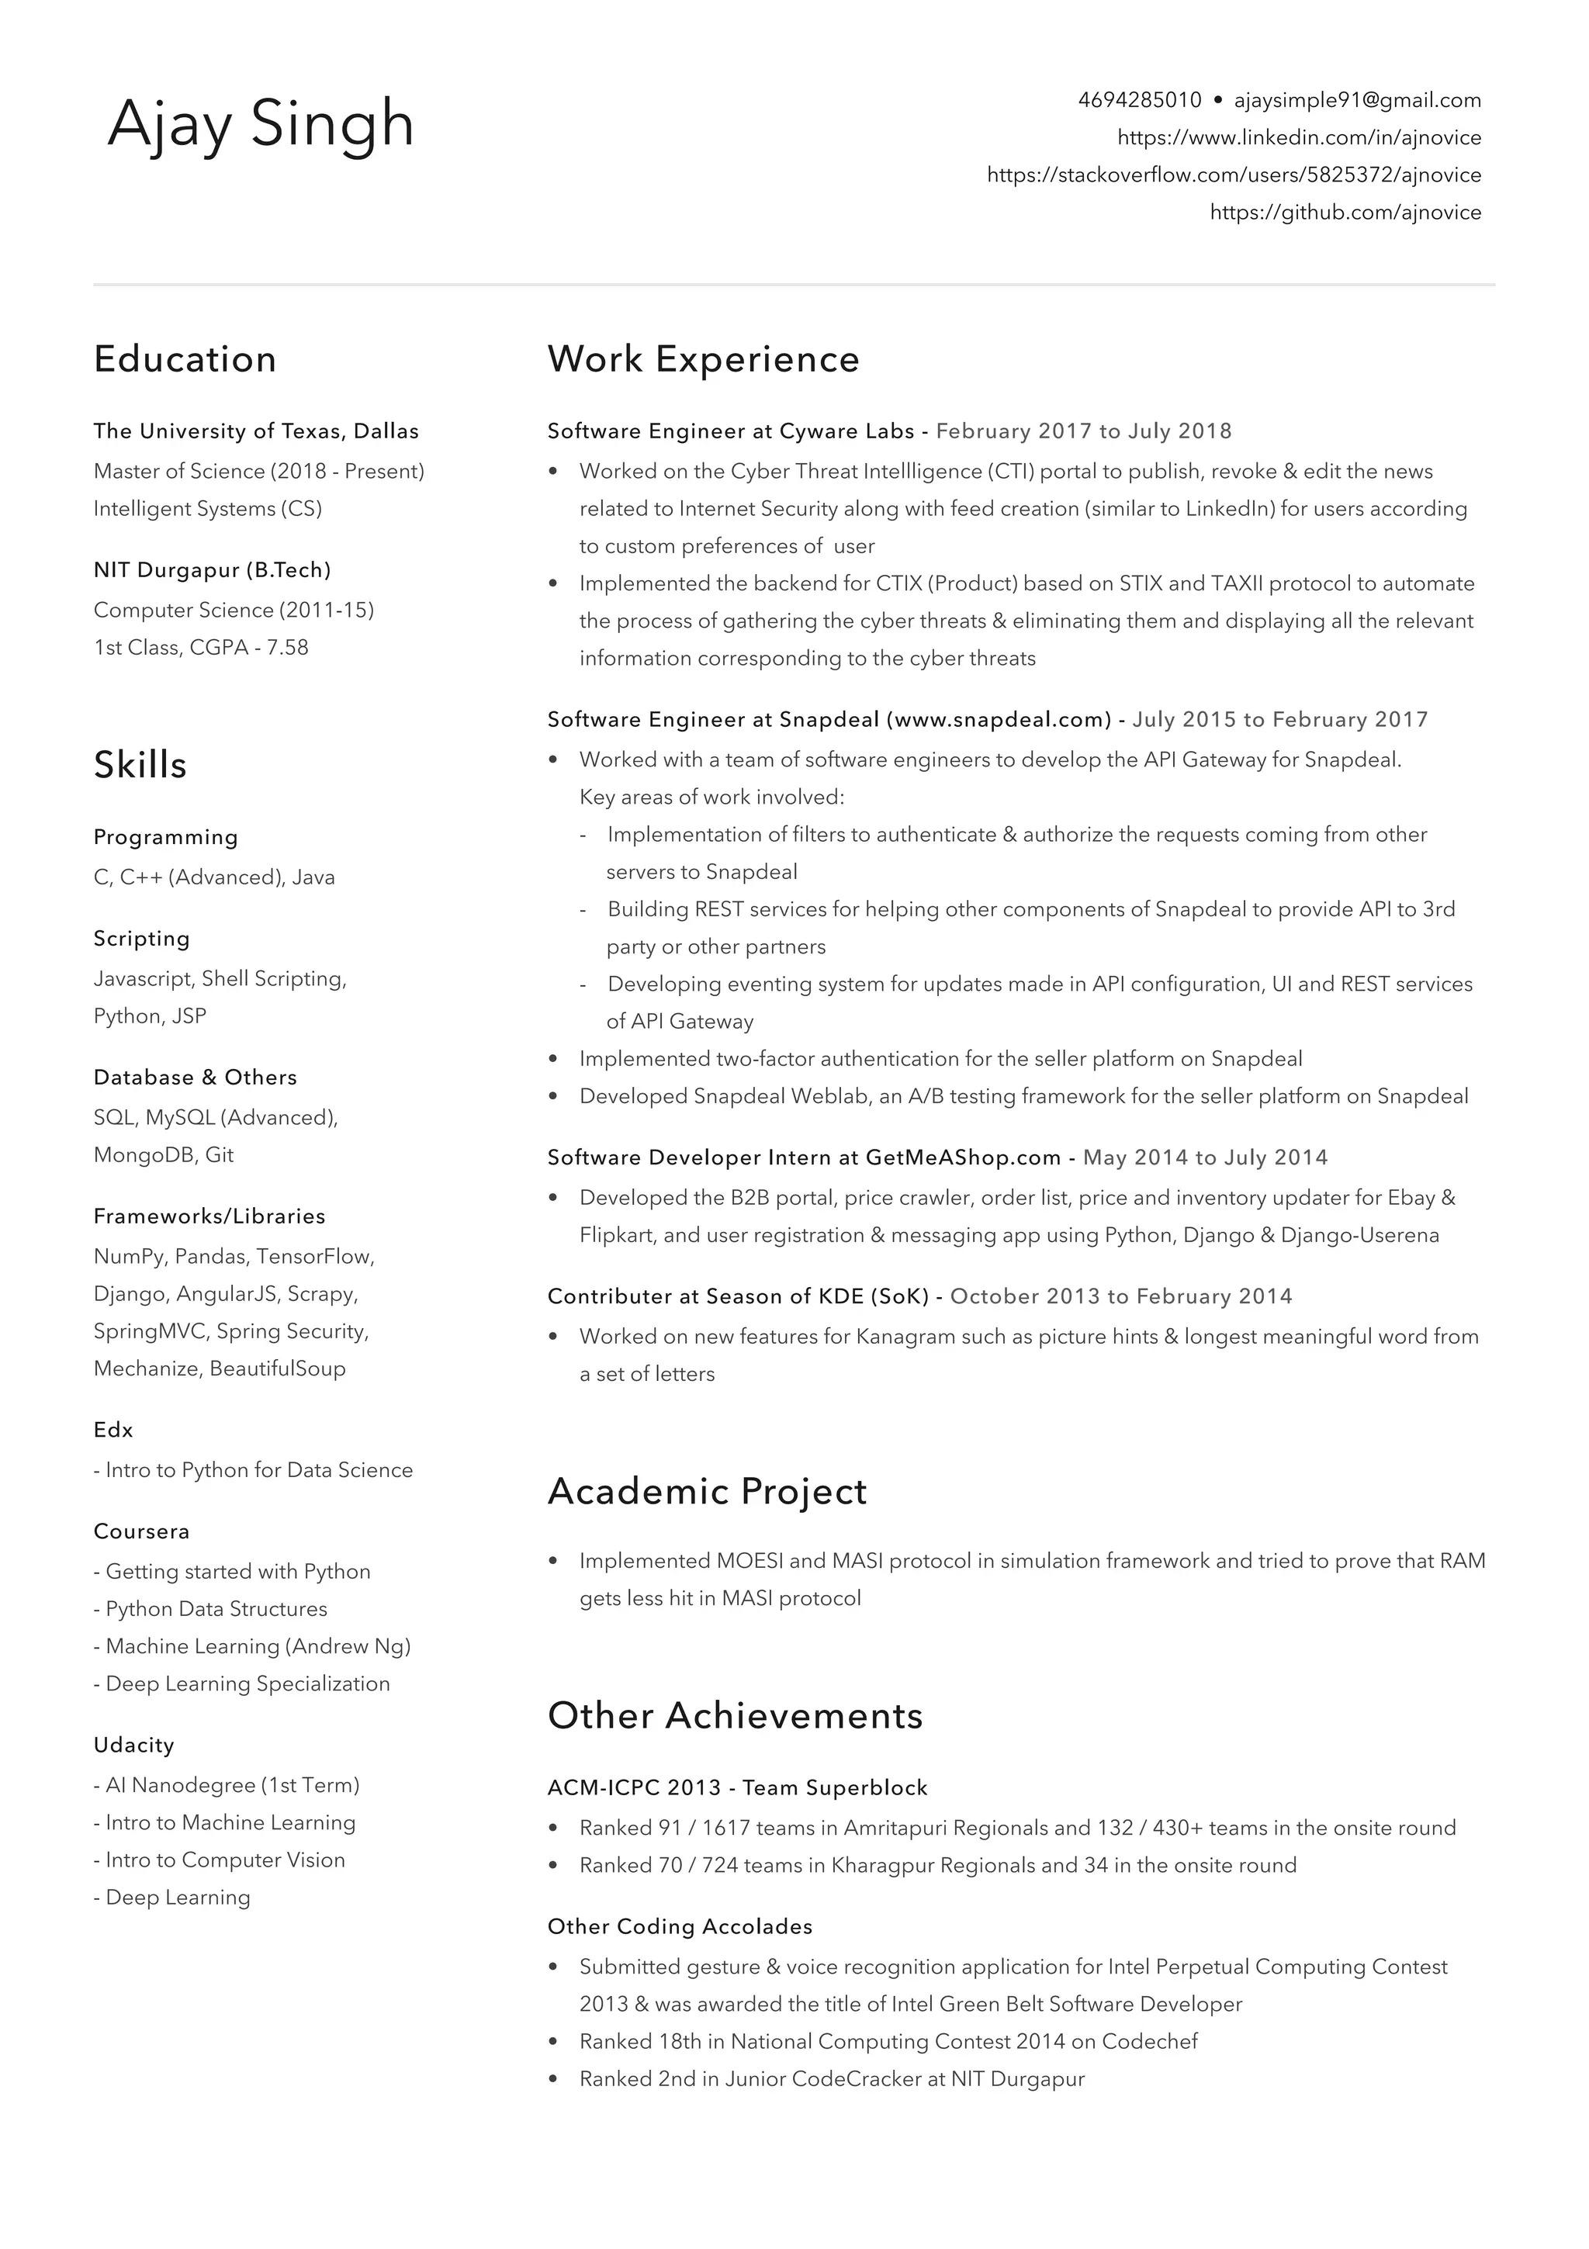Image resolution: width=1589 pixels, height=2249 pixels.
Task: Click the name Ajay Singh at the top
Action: point(261,124)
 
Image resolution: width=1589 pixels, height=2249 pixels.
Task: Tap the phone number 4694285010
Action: point(1139,100)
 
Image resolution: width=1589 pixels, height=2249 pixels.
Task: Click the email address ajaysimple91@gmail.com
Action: point(1357,100)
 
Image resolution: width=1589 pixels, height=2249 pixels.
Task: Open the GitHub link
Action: point(1345,213)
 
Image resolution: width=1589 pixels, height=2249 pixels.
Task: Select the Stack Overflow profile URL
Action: point(1234,175)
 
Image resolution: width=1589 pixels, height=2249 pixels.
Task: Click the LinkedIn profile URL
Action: point(1299,137)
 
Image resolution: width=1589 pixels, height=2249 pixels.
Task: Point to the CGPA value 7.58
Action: point(287,648)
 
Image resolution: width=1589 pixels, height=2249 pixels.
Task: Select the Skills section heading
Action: point(140,765)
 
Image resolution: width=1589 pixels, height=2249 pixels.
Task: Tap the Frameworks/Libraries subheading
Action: point(209,1216)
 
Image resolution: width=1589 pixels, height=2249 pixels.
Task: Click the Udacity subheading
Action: point(133,1745)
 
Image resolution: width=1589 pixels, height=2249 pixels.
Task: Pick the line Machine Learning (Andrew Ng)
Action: point(258,1646)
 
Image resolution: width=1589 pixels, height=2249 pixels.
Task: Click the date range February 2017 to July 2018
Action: point(1083,431)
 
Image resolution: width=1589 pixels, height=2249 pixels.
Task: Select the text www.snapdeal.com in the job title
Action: point(999,720)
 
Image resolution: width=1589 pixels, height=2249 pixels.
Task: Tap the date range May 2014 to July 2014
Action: point(1205,1157)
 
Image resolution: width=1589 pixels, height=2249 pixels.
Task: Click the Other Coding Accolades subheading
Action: point(680,1927)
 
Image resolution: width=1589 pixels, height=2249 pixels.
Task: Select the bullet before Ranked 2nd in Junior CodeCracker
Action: point(553,2080)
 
